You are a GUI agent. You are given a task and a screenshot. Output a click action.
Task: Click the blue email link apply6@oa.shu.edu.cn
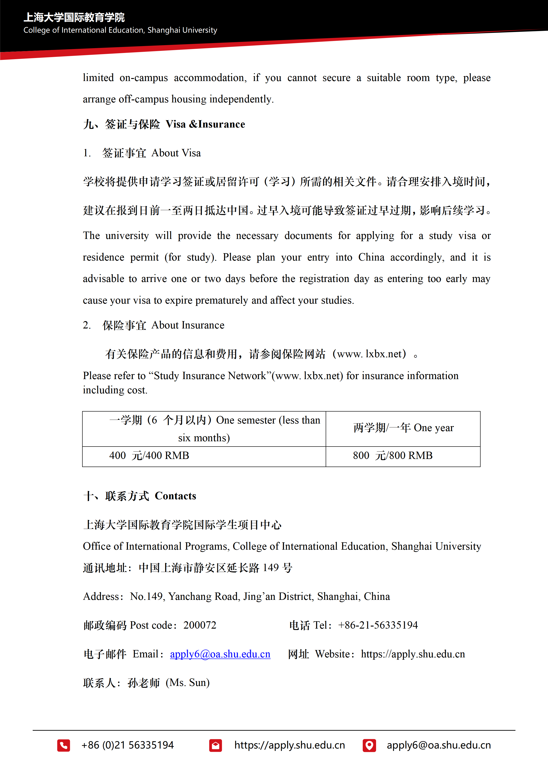[x=220, y=654]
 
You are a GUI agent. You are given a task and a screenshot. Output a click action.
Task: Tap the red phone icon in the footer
[x=64, y=745]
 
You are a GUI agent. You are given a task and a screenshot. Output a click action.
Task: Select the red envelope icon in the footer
[x=215, y=745]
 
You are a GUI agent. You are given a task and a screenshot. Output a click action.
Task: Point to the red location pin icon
[x=369, y=745]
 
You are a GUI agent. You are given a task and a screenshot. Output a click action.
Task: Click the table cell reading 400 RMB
[x=149, y=456]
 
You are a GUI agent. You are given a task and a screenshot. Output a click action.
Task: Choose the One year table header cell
[x=403, y=428]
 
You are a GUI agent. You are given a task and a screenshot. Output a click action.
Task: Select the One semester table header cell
[x=204, y=429]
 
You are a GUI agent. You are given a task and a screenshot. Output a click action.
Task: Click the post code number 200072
[x=200, y=625]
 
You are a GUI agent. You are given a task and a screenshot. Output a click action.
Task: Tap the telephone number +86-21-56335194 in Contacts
[x=378, y=625]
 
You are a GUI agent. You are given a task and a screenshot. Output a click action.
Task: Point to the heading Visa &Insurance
[x=205, y=124]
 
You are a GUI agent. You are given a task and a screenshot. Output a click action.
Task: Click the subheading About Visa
[x=176, y=153]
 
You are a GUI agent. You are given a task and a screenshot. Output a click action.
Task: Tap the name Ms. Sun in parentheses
[x=188, y=682]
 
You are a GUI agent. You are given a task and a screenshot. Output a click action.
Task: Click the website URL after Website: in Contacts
[x=413, y=654]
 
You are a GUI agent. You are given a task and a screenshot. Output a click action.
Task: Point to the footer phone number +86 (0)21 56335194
[x=128, y=745]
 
